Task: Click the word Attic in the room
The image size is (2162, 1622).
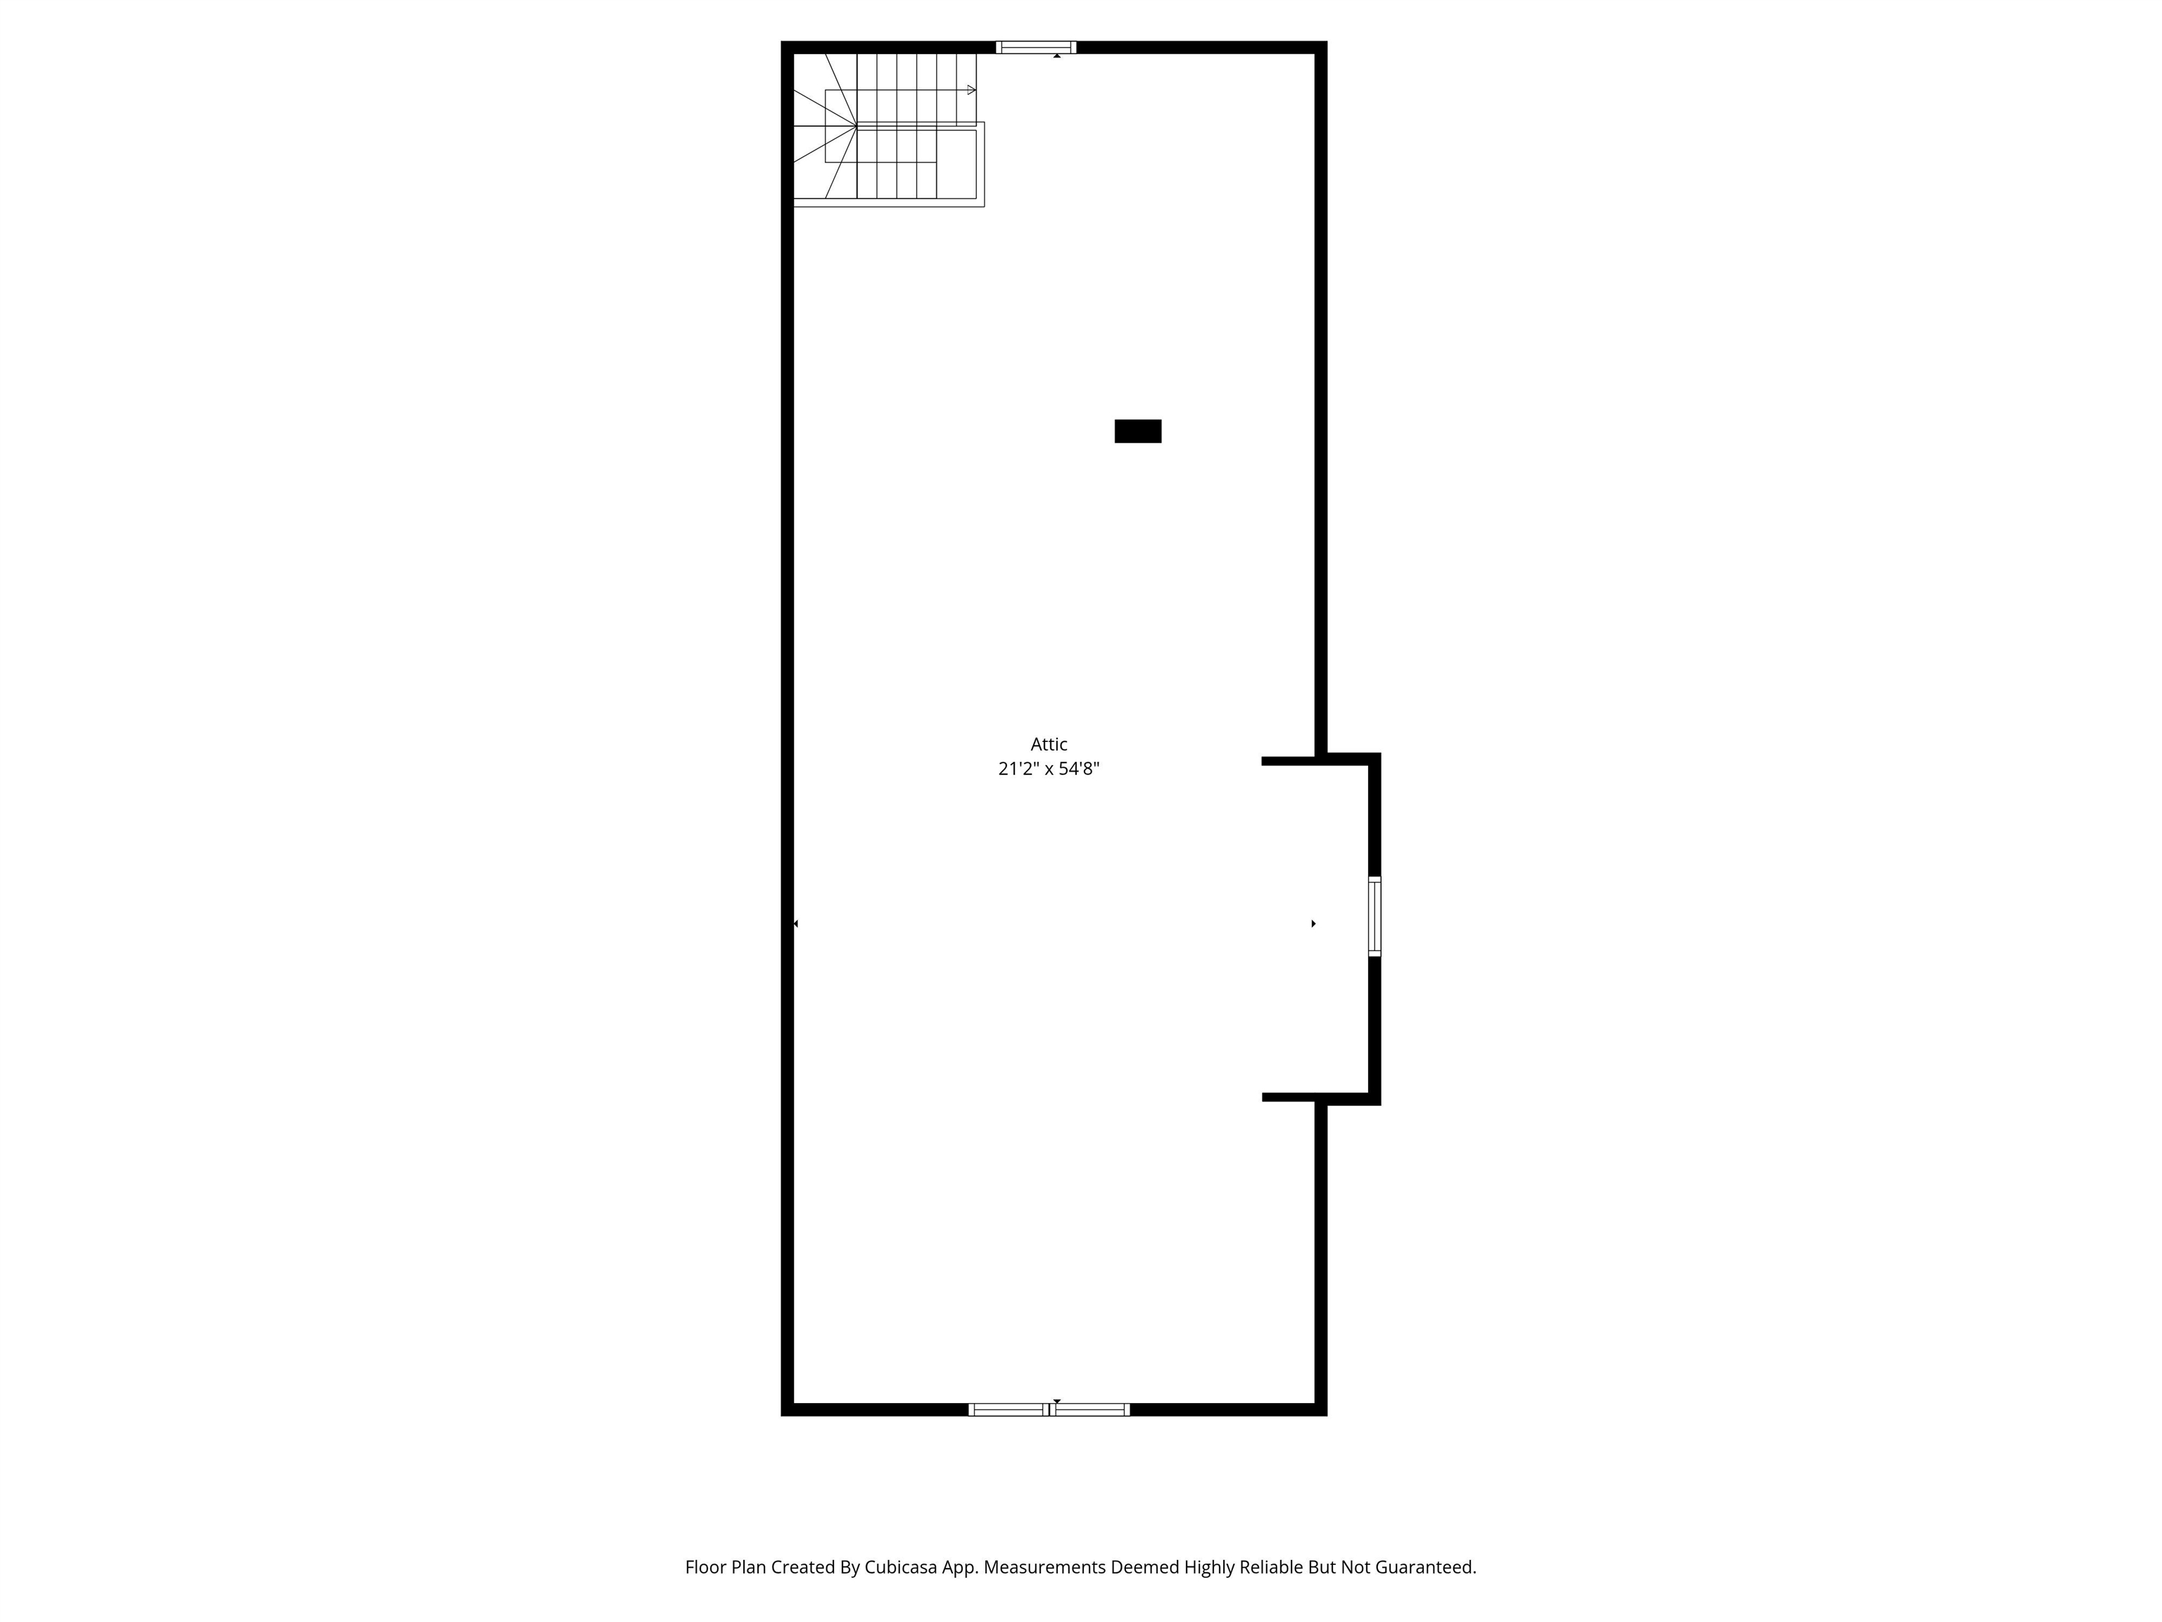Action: [1049, 744]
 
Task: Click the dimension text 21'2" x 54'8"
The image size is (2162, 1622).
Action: [1049, 769]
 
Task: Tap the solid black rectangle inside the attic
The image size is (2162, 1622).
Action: [1138, 431]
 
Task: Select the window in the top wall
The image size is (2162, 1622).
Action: [1036, 47]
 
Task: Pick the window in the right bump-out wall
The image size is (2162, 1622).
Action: [1374, 916]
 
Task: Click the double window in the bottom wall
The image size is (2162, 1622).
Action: [1049, 1409]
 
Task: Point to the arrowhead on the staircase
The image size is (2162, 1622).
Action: [971, 90]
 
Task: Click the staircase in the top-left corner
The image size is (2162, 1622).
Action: [887, 129]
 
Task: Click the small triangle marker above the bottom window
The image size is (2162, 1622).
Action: [1056, 1401]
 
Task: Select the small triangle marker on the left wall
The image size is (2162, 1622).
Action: [795, 923]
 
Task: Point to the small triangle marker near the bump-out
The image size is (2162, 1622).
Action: [1314, 923]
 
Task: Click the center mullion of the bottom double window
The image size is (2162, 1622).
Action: [1049, 1409]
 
